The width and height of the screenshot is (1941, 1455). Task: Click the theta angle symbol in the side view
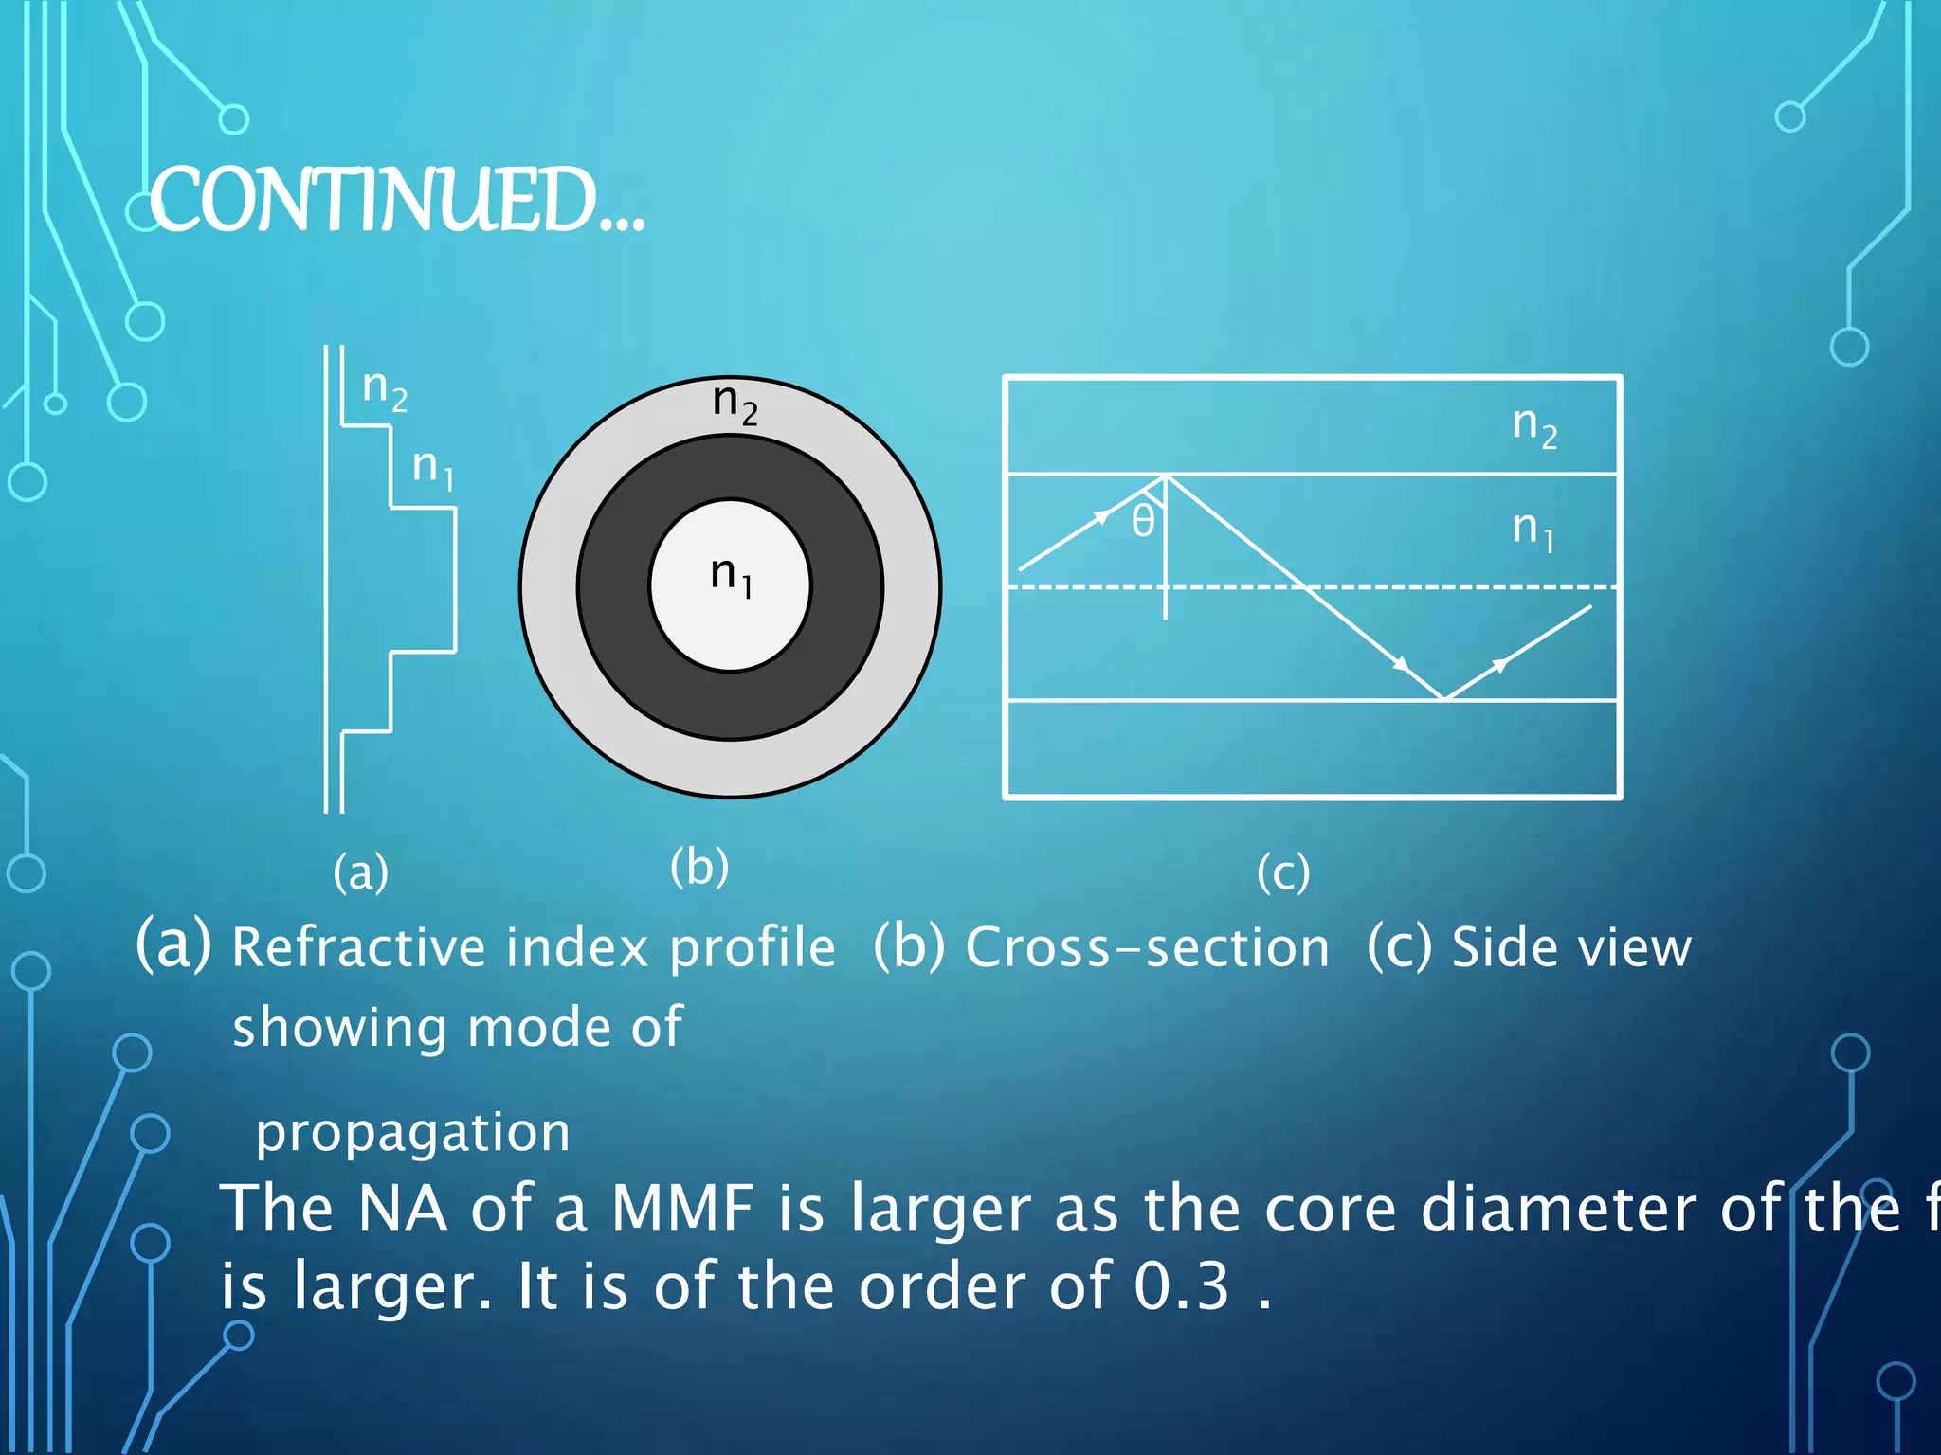[x=1143, y=521]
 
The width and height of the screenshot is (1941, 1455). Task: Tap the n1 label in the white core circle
[x=731, y=576]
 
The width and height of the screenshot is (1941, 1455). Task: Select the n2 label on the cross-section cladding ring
[x=735, y=404]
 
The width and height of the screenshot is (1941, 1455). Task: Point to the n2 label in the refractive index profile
[x=384, y=389]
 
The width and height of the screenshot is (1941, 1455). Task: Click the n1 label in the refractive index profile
[x=433, y=468]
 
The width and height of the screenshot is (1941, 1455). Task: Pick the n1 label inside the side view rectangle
[x=1533, y=530]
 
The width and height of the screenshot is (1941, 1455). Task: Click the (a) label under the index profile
[x=360, y=871]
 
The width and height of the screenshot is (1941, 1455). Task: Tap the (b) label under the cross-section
[x=699, y=866]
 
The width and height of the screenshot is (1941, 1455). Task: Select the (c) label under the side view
[x=1283, y=871]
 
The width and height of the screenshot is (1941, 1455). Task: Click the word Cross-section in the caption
[x=1147, y=947]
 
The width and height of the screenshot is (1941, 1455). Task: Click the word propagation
[x=413, y=1133]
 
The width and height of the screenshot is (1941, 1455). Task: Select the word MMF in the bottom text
[x=682, y=1209]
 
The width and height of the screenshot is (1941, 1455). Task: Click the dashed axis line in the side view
[x=1422, y=587]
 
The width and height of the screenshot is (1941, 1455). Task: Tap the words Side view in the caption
[x=1571, y=947]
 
